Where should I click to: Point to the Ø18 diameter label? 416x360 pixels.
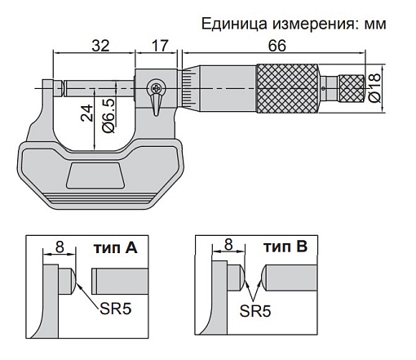tap(375, 87)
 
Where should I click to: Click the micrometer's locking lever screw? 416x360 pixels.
tap(155, 88)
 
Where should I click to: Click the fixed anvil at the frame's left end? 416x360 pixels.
tap(50, 85)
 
